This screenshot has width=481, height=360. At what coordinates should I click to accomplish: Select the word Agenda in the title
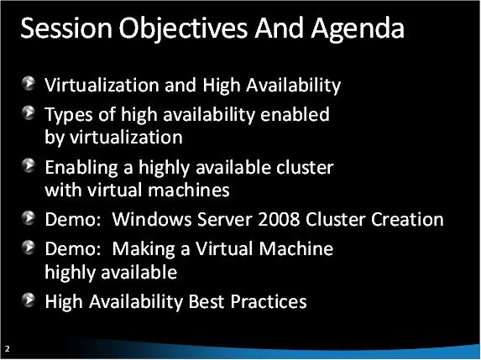(x=354, y=30)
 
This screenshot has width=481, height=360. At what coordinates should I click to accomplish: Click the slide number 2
(x=7, y=347)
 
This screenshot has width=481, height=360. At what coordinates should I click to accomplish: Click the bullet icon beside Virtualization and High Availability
(x=29, y=83)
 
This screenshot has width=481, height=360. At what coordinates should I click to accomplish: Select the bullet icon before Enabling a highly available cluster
(x=29, y=166)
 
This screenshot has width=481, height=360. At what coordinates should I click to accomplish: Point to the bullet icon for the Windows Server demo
(x=29, y=220)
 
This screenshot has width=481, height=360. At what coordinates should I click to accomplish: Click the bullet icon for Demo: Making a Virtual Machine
(x=29, y=248)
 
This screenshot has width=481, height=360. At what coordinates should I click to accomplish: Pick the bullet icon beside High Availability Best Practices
(x=29, y=300)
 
